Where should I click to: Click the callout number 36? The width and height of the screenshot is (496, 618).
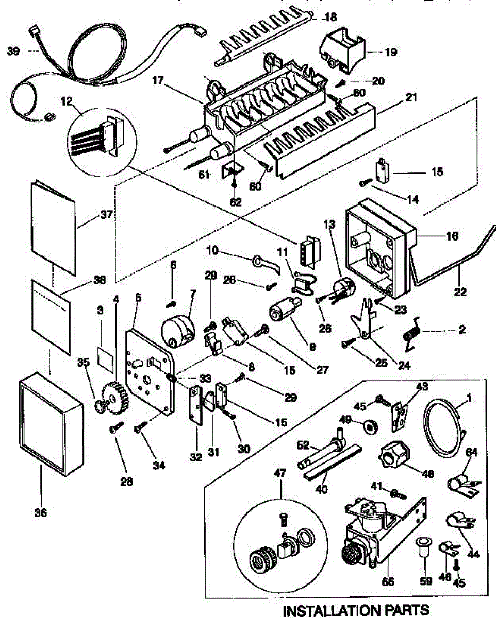pyautogui.click(x=41, y=512)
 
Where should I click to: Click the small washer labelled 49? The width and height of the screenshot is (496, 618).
pyautogui.click(x=369, y=426)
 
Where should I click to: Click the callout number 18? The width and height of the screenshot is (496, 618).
pyautogui.click(x=330, y=17)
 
